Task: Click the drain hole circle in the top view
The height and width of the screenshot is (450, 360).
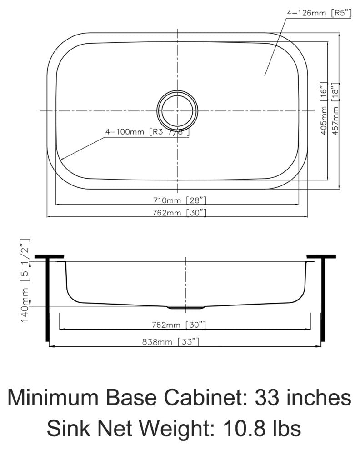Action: [x=177, y=110]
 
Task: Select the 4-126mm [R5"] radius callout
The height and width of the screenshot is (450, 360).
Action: [x=319, y=13]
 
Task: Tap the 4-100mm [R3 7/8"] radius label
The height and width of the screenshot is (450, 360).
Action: [x=147, y=132]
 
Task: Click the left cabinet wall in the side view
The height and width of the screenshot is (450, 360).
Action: [x=47, y=298]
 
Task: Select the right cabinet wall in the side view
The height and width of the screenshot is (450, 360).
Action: [x=323, y=298]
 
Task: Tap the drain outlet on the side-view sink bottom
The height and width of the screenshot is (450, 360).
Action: [x=185, y=307]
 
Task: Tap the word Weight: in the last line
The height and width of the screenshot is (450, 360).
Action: [x=178, y=429]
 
